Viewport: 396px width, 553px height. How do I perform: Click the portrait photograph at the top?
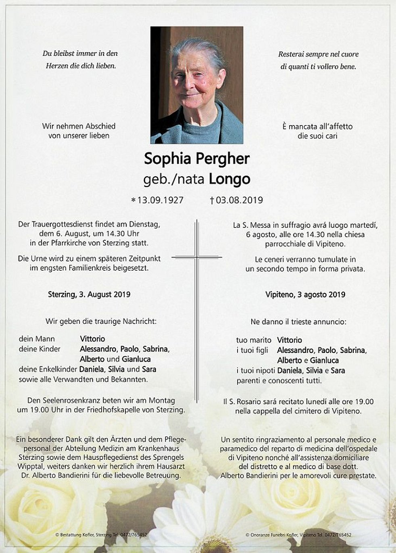point(197,85)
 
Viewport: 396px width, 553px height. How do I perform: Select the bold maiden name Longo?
point(229,179)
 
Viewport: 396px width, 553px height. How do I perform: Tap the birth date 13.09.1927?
point(160,200)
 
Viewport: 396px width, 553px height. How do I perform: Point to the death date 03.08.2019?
point(239,200)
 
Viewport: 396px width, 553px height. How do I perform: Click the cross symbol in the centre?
point(197,257)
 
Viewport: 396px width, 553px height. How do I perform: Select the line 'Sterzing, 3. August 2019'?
point(89,294)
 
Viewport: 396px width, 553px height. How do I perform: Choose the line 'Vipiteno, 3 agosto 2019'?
point(305,294)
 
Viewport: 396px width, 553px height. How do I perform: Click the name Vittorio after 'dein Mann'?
point(92,339)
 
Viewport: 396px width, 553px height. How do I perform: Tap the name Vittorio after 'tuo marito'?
point(290,340)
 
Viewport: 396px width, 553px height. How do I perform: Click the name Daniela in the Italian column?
point(290,370)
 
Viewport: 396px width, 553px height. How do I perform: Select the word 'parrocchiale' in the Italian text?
point(285,244)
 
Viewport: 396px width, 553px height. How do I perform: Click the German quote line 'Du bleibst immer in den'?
point(80,53)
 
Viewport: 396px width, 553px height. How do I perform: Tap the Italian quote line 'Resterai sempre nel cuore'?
point(318,54)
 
